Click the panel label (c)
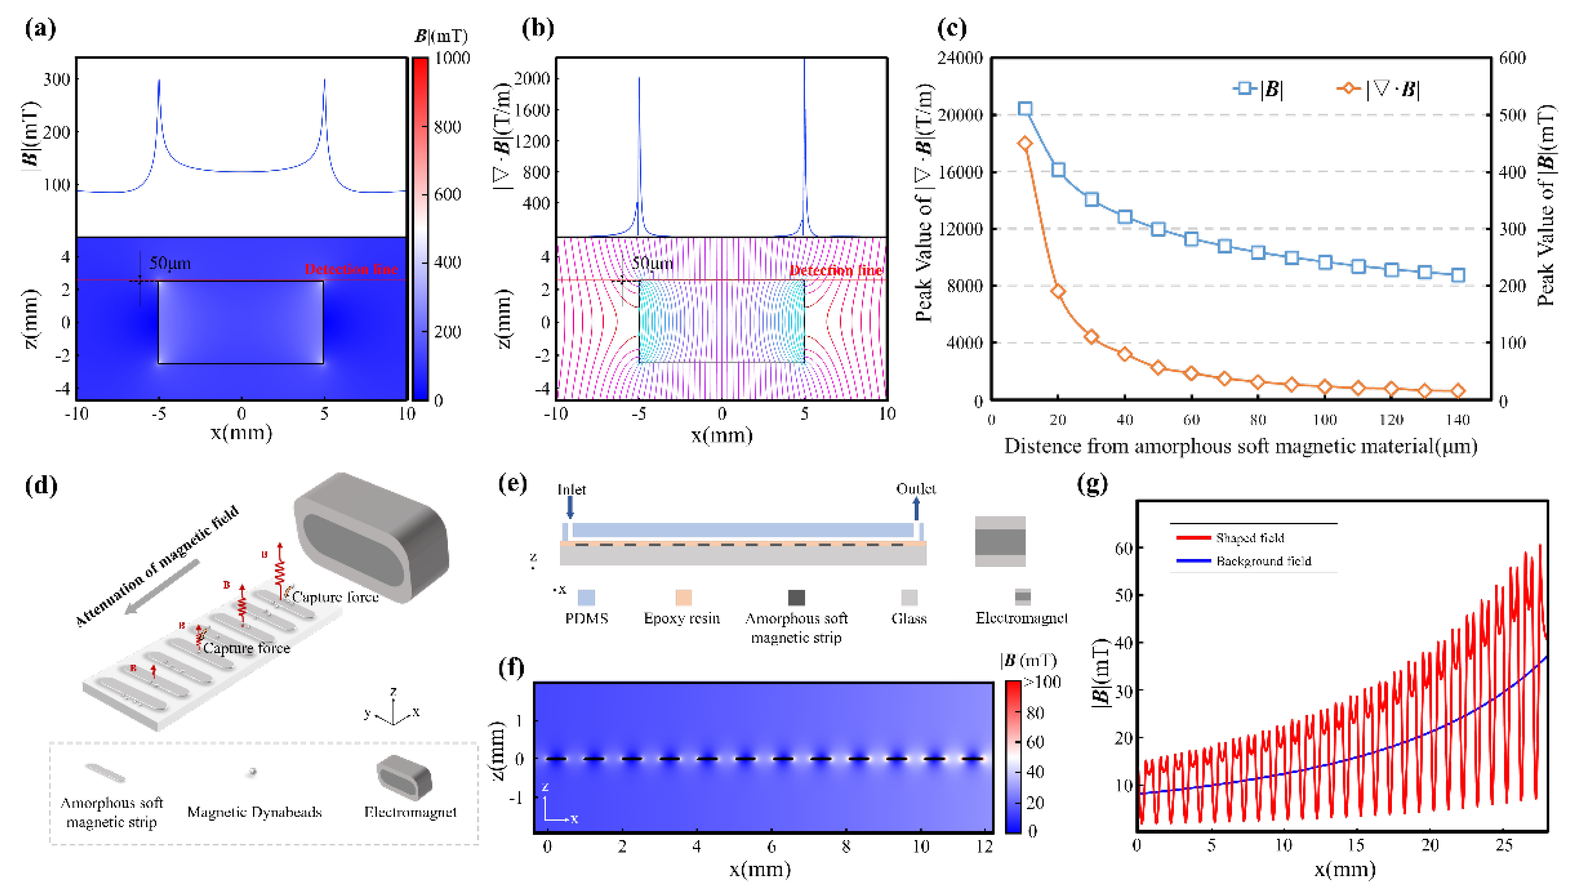click(x=951, y=28)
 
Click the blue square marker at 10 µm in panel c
click(x=1024, y=109)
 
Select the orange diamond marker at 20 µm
click(x=1058, y=291)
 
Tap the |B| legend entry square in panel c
click(x=1244, y=88)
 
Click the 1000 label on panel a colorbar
click(x=452, y=58)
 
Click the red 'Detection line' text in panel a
click(x=351, y=269)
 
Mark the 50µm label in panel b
click(x=652, y=263)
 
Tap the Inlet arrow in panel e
click(x=570, y=507)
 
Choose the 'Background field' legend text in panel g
click(x=1264, y=561)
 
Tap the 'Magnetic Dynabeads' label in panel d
click(x=254, y=812)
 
